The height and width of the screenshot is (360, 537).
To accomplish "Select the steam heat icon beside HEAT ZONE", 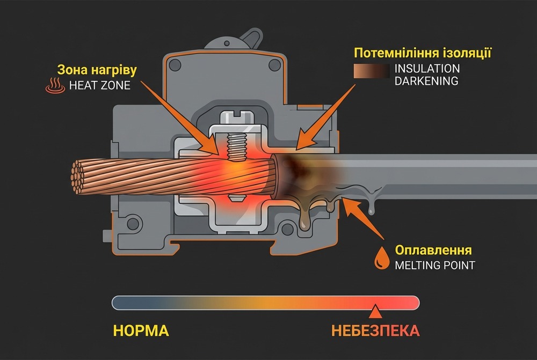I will [53, 85].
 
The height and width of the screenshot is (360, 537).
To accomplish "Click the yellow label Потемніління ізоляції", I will [423, 54].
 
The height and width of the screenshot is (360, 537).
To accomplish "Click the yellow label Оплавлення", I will [433, 251].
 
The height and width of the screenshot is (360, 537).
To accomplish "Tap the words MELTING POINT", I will [435, 265].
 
